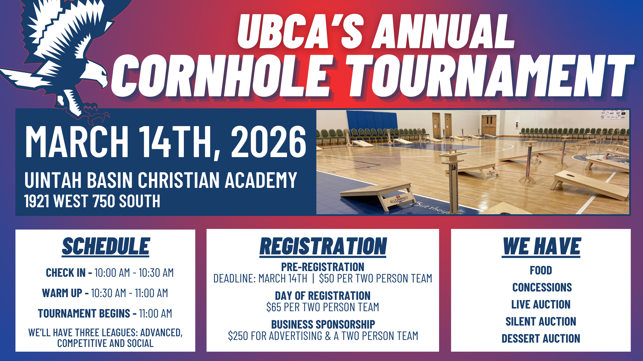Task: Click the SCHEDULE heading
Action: coord(106,246)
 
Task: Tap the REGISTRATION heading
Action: coord(323,246)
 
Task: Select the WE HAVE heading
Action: coord(541,246)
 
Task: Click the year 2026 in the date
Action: coord(268,142)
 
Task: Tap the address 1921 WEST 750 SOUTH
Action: coord(92,201)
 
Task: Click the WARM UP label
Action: coord(65,293)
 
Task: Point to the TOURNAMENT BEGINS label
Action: coord(87,314)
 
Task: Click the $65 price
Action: coord(274,307)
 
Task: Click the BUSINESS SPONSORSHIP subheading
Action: coord(323,324)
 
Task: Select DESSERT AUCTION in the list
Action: coord(541,339)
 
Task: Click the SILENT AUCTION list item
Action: coord(541,322)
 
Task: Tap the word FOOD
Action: coord(541,270)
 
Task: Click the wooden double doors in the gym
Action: coord(489,125)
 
